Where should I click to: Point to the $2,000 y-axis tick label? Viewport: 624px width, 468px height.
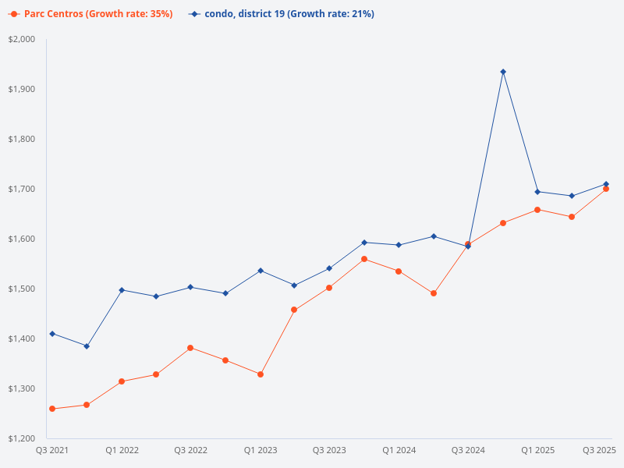click(23, 39)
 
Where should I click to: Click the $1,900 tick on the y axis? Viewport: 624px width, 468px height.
click(23, 89)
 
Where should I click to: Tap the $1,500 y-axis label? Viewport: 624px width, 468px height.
click(23, 289)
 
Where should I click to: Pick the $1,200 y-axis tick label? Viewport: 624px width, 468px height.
click(23, 438)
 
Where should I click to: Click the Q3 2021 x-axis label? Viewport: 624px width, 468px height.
click(52, 450)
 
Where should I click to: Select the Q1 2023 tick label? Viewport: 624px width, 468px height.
click(261, 450)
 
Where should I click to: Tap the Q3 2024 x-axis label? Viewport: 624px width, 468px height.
click(468, 450)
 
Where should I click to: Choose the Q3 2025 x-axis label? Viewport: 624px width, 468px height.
click(600, 450)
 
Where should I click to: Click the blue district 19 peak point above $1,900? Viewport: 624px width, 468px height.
click(503, 72)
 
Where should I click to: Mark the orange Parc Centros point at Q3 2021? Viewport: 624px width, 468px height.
click(52, 409)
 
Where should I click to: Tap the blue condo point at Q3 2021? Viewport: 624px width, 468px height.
click(52, 334)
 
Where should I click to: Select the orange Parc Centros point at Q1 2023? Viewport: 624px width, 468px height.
click(261, 374)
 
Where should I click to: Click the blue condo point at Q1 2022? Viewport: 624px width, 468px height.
click(122, 290)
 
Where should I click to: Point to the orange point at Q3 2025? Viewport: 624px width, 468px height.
click(606, 189)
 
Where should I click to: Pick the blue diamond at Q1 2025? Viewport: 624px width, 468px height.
click(537, 192)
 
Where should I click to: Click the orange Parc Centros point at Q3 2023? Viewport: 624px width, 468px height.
click(329, 288)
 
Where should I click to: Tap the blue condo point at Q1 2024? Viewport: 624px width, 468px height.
click(399, 245)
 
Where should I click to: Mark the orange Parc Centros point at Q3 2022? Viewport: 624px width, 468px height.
click(190, 348)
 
